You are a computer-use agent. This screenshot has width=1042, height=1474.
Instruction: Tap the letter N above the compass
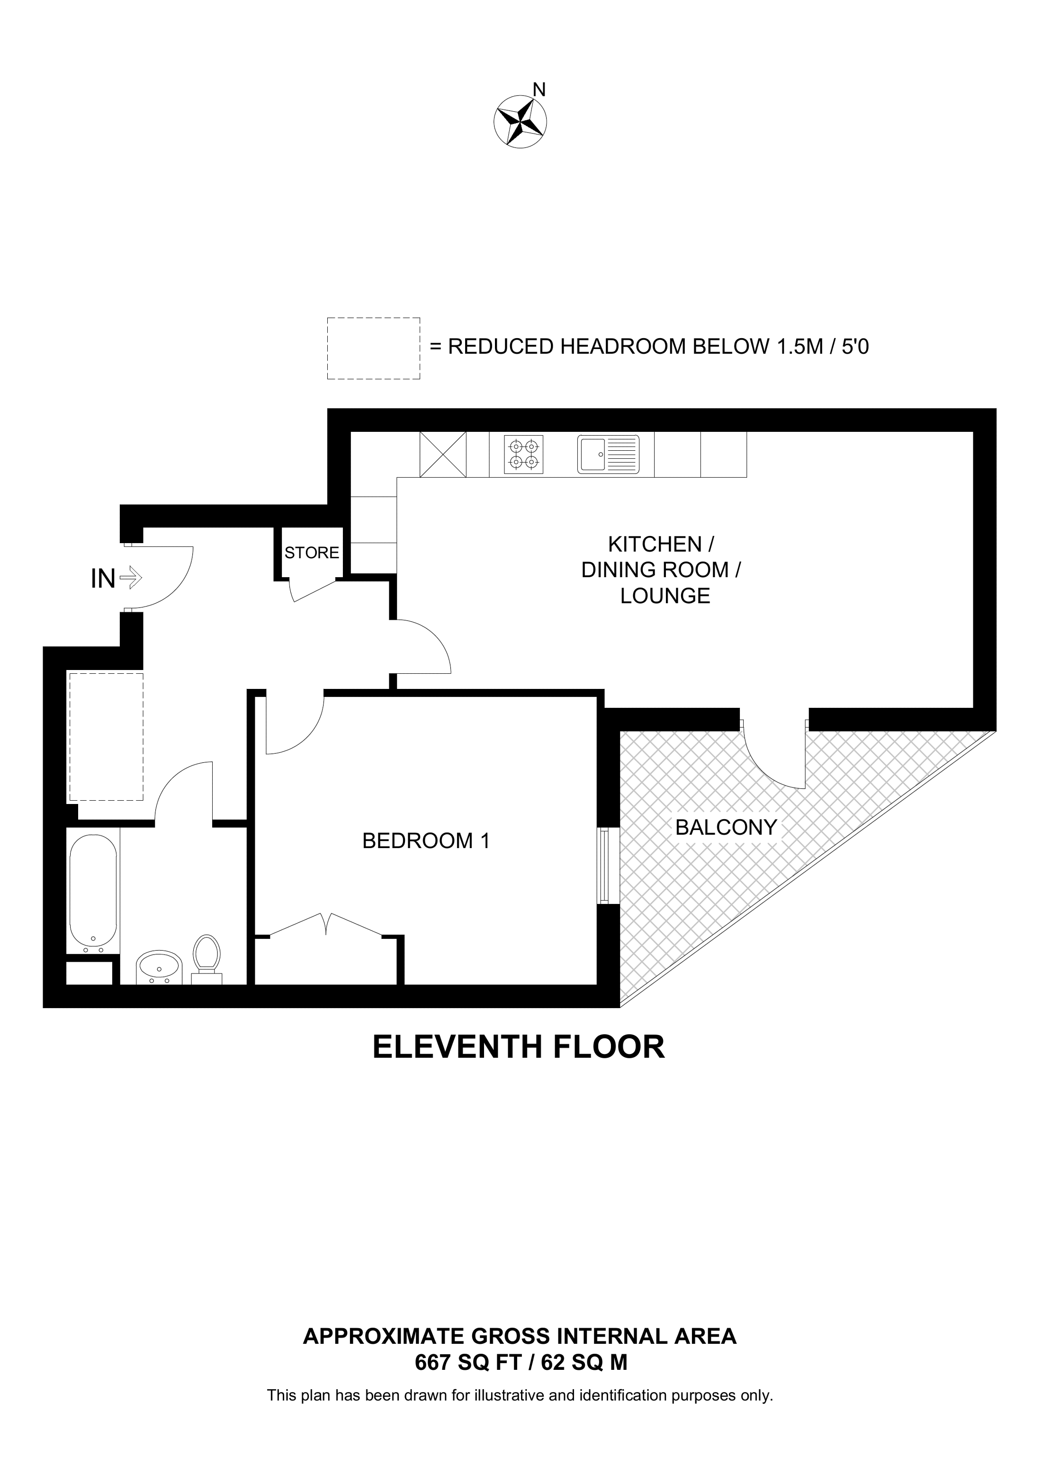540,90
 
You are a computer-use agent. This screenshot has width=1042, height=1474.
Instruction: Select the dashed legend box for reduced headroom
374,348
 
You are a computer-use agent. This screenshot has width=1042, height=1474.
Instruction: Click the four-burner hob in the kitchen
523,455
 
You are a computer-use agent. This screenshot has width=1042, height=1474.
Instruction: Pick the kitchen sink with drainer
609,455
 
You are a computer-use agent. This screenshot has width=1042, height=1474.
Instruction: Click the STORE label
312,553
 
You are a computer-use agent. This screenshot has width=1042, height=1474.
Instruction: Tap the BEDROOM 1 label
426,841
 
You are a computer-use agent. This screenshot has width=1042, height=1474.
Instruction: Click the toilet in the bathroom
207,958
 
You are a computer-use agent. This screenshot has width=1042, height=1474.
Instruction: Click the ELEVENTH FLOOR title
519,1047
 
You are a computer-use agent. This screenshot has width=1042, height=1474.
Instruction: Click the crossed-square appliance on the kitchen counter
443,455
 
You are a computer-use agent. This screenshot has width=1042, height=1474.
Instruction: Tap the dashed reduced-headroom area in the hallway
106,737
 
